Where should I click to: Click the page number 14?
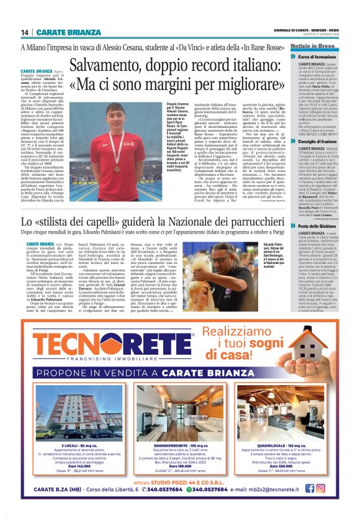25,32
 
